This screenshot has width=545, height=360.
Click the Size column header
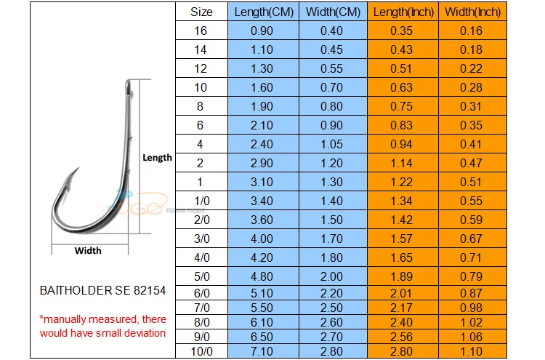(201, 12)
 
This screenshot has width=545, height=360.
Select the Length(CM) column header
(262, 12)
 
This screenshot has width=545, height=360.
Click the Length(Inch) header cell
(401, 12)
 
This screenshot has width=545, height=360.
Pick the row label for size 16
(201, 31)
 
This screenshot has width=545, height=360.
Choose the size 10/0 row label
(201, 351)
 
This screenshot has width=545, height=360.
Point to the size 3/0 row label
(201, 238)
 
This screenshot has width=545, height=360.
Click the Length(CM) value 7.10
(262, 351)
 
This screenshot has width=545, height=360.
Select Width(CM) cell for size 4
(331, 143)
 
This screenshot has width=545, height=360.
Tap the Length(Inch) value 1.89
(401, 276)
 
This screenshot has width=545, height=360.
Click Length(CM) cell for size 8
(262, 105)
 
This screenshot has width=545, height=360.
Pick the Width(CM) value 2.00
(331, 276)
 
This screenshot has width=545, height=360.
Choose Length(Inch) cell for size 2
(401, 162)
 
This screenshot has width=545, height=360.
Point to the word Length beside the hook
(157, 157)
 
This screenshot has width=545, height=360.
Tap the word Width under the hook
(89, 251)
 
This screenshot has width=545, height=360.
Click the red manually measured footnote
(102, 326)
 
